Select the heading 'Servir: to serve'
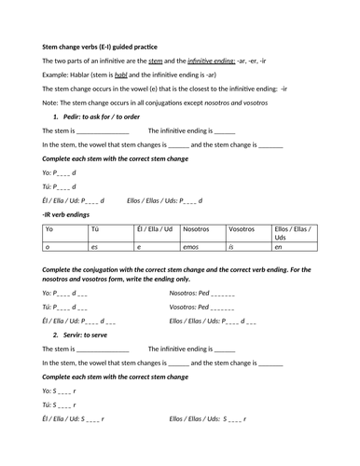85,335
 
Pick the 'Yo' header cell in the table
50,229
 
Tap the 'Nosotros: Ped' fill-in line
202,293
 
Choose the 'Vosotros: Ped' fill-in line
201,307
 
